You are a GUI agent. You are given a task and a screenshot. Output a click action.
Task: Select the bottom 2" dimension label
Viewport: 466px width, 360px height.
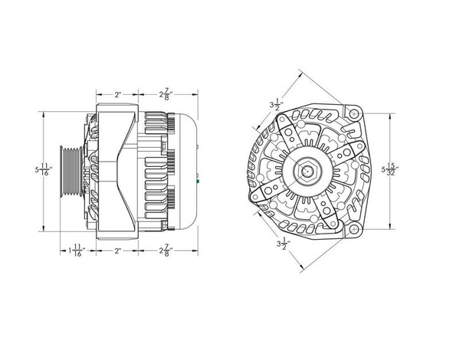click(117, 250)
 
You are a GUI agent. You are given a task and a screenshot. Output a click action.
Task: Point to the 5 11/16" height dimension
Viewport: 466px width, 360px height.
click(48, 171)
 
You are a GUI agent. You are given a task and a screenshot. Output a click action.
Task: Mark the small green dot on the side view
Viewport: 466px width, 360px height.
click(198, 182)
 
